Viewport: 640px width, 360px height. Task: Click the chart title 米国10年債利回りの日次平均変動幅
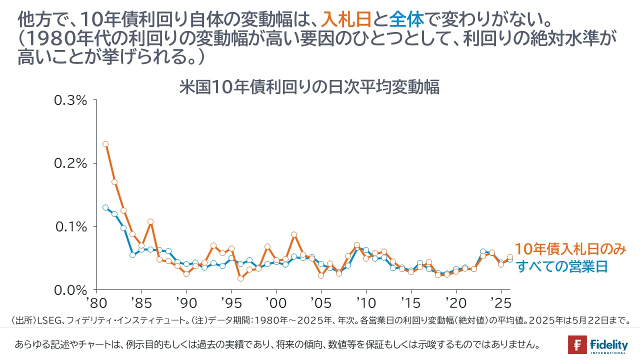[309, 87]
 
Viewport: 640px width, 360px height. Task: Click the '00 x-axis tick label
[275, 303]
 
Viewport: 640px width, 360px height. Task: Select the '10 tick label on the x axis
[365, 303]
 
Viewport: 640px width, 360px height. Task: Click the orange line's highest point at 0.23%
[105, 144]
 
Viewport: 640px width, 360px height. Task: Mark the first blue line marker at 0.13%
[105, 207]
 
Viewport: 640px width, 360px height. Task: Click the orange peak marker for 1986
[150, 221]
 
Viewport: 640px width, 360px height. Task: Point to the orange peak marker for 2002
[294, 234]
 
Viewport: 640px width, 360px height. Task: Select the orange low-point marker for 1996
[240, 278]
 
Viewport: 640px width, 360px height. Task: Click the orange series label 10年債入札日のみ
[570, 249]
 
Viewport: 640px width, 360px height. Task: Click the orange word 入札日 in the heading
[345, 20]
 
